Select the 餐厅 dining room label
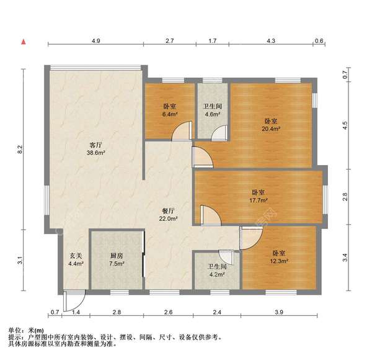coord(170,210)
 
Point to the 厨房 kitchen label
coord(117,255)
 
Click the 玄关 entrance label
coord(76,255)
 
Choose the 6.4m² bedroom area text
coord(170,114)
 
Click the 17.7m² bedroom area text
coord(259,200)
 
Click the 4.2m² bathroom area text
coord(216,275)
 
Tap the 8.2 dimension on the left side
coord(19,149)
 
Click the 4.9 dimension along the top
coord(95,40)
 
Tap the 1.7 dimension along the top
coord(212,40)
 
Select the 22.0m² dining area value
coord(170,218)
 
